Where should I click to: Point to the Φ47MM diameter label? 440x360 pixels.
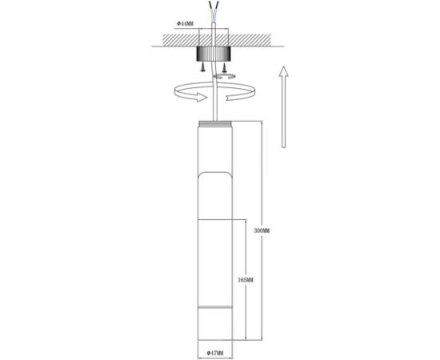tap(213, 353)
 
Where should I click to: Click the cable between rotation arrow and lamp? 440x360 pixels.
tap(213, 110)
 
